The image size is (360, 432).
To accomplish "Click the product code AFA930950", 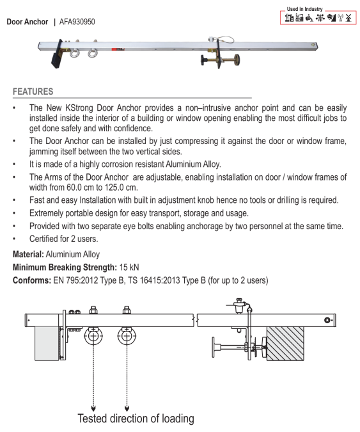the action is point(77,22).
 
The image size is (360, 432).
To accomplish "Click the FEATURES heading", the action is point(33,92).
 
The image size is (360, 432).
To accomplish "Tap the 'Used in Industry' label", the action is point(304,9).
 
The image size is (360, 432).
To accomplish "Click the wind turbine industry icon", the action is point(348,18).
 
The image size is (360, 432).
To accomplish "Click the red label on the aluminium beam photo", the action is point(118,49).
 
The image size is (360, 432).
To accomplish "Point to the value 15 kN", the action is point(129,268).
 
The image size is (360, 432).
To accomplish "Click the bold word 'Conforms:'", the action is point(32,280).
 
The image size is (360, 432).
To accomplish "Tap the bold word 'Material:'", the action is point(28,254).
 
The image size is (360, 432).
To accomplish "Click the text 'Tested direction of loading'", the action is point(136,419).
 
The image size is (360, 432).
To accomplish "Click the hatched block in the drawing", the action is point(285,344).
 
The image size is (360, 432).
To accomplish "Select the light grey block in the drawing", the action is point(47,344).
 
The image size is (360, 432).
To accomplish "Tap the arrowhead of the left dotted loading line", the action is point(93,408).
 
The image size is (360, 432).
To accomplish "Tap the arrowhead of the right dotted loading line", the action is point(127,408).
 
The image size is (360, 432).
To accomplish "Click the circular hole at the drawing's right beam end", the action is point(327,320).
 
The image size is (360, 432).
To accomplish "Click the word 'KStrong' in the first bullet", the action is point(79,108).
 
